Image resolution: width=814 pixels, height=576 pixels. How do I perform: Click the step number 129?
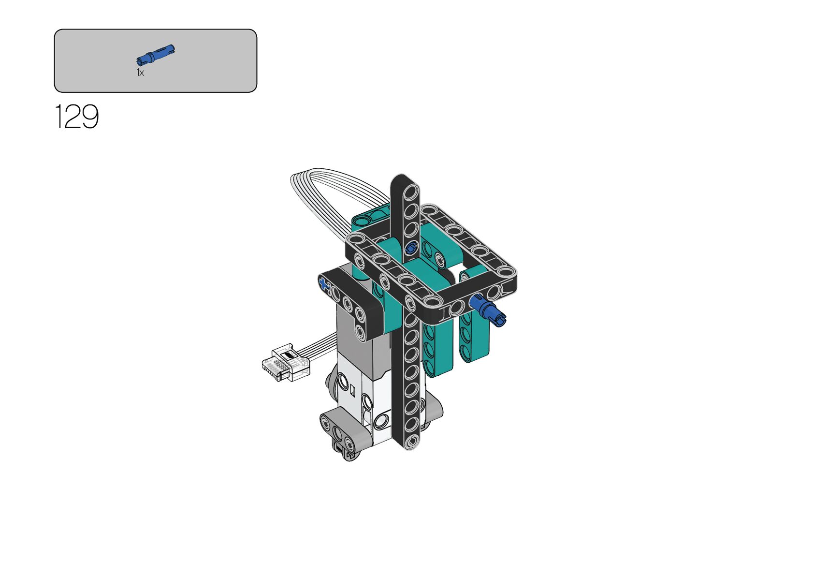click(x=77, y=117)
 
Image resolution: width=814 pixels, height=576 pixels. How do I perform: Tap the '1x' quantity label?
click(x=140, y=73)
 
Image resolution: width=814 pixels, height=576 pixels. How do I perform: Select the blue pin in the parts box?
click(x=155, y=55)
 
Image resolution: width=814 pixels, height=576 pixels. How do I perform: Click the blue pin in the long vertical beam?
click(x=410, y=248)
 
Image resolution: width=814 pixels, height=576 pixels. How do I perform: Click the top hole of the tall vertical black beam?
click(x=410, y=192)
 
